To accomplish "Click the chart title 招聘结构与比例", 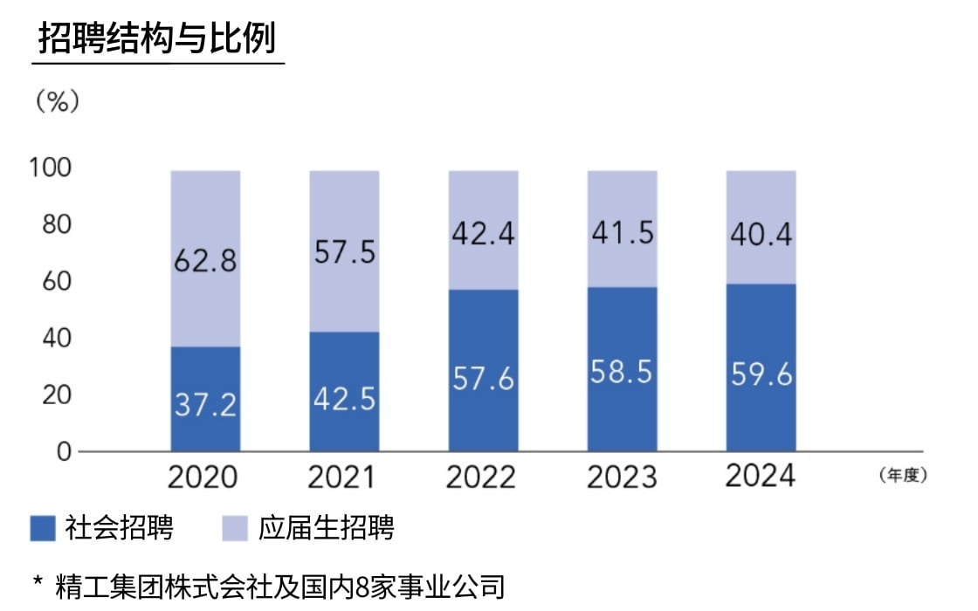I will (157, 39).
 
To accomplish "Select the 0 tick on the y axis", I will (64, 451).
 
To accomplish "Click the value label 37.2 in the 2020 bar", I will (205, 404).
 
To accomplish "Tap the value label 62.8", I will (205, 261).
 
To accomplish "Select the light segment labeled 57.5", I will (344, 252).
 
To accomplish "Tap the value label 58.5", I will (622, 373).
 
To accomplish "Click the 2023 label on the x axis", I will (622, 477).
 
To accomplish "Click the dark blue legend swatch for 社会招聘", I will (43, 528).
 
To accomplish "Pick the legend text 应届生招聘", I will (326, 528).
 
